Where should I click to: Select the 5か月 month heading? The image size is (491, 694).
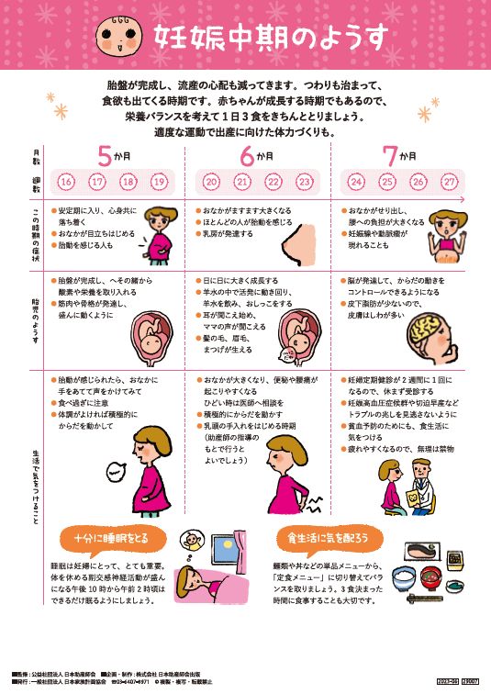tap(114, 155)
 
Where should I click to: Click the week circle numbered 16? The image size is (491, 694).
tap(67, 182)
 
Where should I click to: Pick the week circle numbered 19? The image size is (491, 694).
tap(159, 182)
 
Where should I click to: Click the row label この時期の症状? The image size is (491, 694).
tap(36, 237)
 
